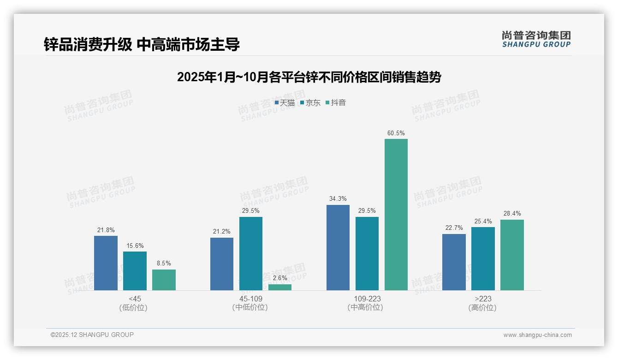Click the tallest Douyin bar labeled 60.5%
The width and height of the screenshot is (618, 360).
point(396,215)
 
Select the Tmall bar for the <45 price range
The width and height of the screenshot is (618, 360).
point(106,263)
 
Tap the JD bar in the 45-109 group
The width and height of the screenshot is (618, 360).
point(251,253)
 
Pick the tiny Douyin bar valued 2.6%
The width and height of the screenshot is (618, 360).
point(280,287)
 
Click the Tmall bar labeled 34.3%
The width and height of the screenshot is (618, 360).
point(338,247)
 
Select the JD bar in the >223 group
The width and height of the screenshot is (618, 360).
point(483,258)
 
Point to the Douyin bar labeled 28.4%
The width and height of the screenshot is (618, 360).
point(512,255)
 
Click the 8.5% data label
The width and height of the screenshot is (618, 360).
point(164,264)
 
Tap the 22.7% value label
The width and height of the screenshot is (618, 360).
point(454,228)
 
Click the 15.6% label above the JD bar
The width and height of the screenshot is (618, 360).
point(135,246)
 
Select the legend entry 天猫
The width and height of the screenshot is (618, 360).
point(285,102)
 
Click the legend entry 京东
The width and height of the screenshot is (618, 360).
point(310,102)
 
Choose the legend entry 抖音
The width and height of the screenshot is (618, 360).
point(336,102)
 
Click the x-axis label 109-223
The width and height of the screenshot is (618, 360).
point(367,299)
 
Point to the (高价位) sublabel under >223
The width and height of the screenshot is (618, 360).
point(482,308)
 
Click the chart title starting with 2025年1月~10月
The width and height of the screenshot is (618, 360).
point(309,77)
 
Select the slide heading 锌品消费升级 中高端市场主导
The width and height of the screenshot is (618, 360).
point(142,44)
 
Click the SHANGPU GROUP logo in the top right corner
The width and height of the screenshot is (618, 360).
point(536,39)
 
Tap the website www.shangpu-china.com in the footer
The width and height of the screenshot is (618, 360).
point(537,335)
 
